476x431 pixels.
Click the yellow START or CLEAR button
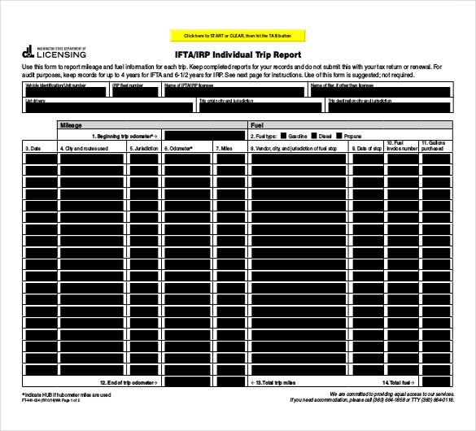click(x=238, y=36)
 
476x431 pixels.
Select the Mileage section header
click(x=72, y=126)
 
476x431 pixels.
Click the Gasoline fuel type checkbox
click(x=284, y=136)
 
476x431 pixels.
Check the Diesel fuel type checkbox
click(x=313, y=136)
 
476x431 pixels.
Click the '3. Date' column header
click(x=33, y=149)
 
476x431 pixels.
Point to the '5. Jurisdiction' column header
click(x=144, y=149)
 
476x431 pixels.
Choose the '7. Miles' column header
click(x=225, y=149)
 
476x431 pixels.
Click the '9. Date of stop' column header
click(x=367, y=149)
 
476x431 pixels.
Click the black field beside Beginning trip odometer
click(x=203, y=136)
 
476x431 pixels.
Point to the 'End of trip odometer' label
click(x=129, y=381)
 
